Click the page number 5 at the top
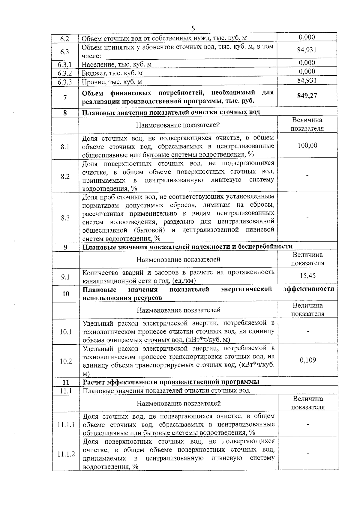click(193, 28)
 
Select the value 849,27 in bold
click(307, 96)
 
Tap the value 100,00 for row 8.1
click(307, 146)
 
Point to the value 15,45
click(307, 276)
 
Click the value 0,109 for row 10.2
click(308, 360)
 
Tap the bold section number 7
click(65, 97)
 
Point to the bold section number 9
click(65, 247)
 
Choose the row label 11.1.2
click(66, 454)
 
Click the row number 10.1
click(66, 332)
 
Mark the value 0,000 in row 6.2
click(307, 37)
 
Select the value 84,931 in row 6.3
click(307, 50)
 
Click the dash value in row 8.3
click(307, 217)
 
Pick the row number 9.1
click(65, 277)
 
